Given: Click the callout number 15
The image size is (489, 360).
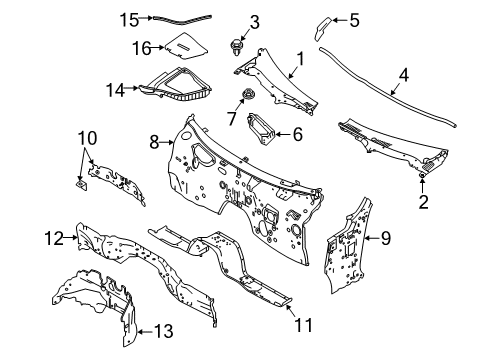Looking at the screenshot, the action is click(x=129, y=20).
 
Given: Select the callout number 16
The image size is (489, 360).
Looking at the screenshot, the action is click(x=142, y=48).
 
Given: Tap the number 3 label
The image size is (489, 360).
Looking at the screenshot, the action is click(x=254, y=22).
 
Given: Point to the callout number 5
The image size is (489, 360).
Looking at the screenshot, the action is click(x=354, y=20).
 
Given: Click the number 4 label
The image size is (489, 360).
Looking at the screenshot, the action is click(x=404, y=75).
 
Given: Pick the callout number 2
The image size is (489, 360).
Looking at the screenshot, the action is click(x=423, y=202).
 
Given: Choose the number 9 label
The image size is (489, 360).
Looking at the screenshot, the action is click(x=386, y=238).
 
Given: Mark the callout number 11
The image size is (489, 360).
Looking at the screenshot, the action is click(x=304, y=325).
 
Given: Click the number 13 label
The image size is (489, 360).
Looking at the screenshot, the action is click(x=164, y=331).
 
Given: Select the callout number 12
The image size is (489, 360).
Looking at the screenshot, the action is click(x=54, y=238).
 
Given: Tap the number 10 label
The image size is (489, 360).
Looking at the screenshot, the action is click(x=87, y=138).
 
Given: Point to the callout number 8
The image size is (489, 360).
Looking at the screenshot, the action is click(x=154, y=142).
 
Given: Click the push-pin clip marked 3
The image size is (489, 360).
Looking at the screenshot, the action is click(x=236, y=47).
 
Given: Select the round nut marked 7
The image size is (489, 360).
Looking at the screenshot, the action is click(x=247, y=94).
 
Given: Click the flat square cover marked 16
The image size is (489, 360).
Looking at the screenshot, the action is click(x=186, y=46).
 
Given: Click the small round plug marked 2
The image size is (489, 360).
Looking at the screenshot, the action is click(x=422, y=174).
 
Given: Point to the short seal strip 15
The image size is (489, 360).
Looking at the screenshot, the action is click(x=182, y=20).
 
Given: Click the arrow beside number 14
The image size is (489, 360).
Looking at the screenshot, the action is click(x=132, y=88).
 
